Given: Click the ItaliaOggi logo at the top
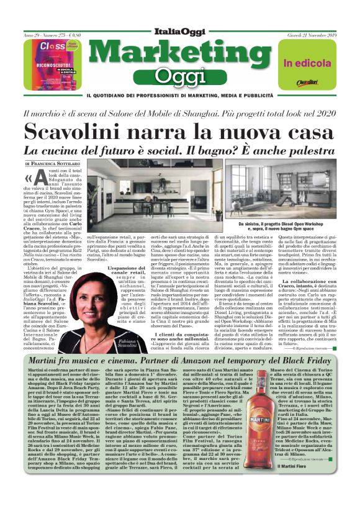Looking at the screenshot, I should point(179,31).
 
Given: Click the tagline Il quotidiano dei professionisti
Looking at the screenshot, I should point(179,95).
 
